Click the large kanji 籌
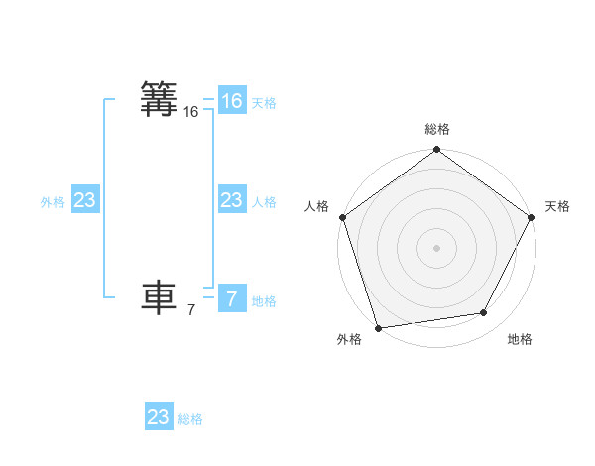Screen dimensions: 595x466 (x=160, y=100)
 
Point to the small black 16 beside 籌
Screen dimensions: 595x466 (x=190, y=113)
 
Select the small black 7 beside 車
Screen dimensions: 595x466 (x=190, y=310)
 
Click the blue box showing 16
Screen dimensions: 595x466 (x=231, y=101)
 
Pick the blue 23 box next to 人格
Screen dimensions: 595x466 (x=231, y=201)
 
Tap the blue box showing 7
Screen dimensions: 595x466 (x=231, y=299)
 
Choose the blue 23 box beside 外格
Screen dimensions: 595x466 (x=85, y=201)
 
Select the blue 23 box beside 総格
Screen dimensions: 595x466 (x=159, y=417)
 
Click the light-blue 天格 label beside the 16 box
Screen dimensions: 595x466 (x=264, y=103)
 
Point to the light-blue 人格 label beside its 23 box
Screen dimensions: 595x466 (x=264, y=202)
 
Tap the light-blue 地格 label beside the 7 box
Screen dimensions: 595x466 (x=264, y=301)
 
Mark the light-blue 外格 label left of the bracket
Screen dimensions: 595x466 (x=53, y=202)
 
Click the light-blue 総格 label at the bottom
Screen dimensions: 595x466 (x=190, y=419)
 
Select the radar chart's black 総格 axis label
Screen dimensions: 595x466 (x=436, y=129)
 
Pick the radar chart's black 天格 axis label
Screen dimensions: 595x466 (x=557, y=206)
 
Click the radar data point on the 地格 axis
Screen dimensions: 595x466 (x=484, y=313)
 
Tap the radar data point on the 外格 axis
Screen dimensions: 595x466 (x=378, y=327)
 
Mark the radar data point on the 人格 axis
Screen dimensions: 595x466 (x=342, y=217)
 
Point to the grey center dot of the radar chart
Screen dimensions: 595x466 (x=436, y=248)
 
